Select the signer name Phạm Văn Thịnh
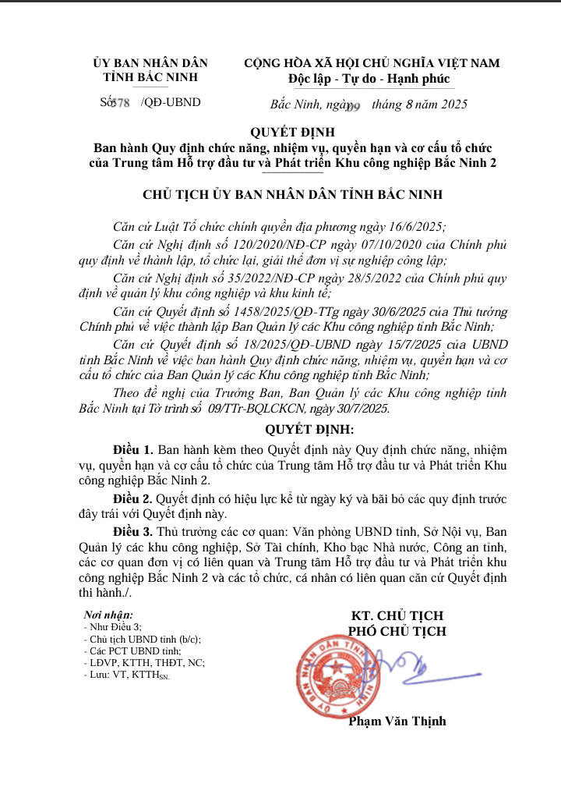pyautogui.click(x=397, y=721)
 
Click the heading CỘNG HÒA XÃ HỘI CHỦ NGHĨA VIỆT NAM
pyautogui.click(x=372, y=63)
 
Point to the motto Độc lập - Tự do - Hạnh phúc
pyautogui.click(x=369, y=79)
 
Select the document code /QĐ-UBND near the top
pyautogui.click(x=171, y=102)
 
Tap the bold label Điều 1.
pyautogui.click(x=133, y=450)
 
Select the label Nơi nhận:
pyautogui.click(x=108, y=615)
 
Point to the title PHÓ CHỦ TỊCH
pyautogui.click(x=397, y=631)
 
